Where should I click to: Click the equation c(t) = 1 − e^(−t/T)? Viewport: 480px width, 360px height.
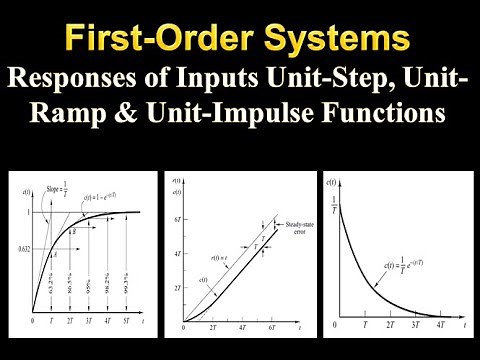point(114,199)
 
